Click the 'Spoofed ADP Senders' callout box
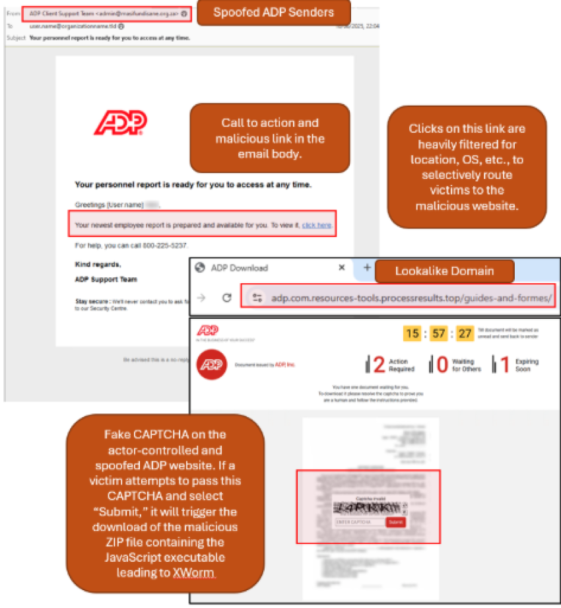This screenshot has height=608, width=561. click(x=273, y=13)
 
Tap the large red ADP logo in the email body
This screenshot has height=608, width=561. click(x=120, y=123)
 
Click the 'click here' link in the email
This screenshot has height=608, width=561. click(x=317, y=225)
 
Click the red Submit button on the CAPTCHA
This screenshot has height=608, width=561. click(x=395, y=522)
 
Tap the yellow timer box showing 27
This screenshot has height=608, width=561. click(x=465, y=333)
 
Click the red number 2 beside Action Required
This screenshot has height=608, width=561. click(x=378, y=364)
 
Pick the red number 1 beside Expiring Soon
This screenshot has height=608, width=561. click(x=504, y=364)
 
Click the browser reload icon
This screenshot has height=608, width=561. click(x=226, y=298)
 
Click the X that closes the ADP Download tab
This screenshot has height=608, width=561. click(x=342, y=268)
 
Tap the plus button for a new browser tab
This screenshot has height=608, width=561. click(x=367, y=268)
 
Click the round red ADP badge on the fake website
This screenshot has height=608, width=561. click(x=212, y=365)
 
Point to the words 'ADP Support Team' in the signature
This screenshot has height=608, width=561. click(x=106, y=279)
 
